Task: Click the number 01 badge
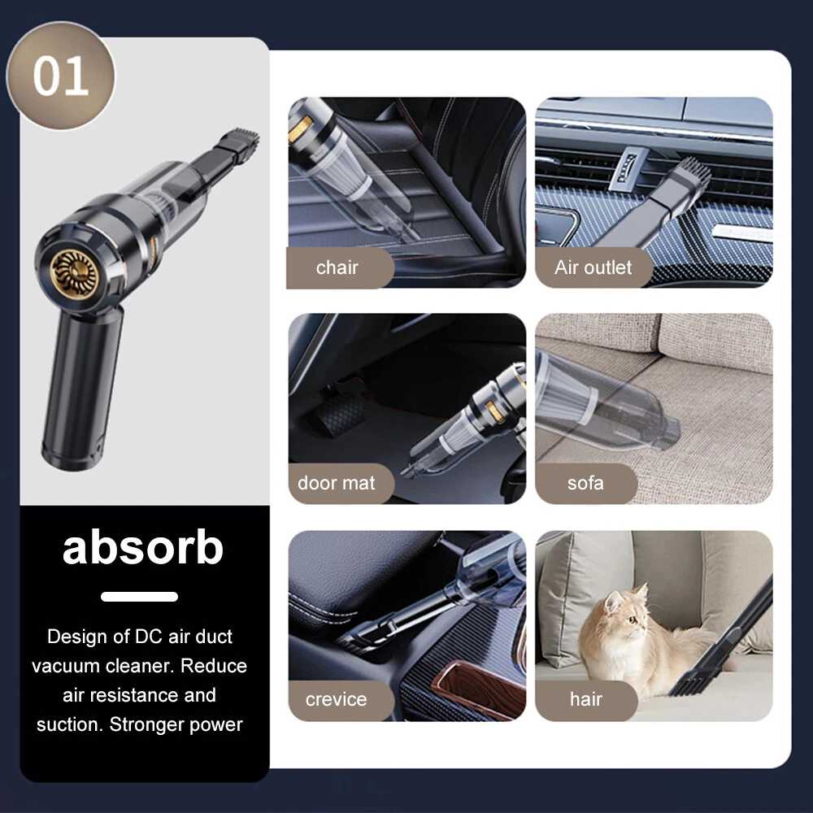coord(60,76)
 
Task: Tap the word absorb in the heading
coord(142,547)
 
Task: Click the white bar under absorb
coord(140,596)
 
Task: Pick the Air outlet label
coord(593,267)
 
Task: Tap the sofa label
coord(586,483)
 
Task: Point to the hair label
coord(586,699)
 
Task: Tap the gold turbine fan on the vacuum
coord(74,273)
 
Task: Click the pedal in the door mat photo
coord(339,413)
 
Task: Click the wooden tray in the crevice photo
coord(477,689)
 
